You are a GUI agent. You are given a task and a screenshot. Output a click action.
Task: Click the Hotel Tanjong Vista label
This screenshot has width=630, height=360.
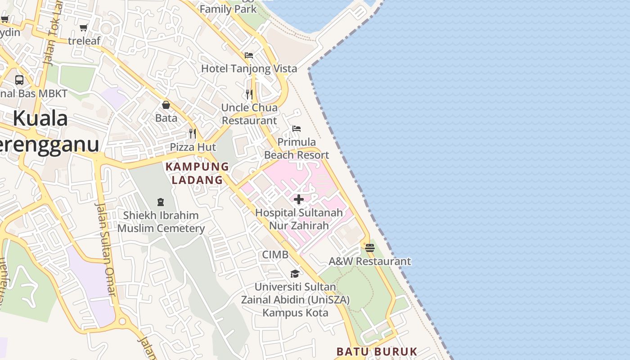click(249, 68)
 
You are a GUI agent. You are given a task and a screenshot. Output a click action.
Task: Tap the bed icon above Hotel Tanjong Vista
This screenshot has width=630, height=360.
click(249, 55)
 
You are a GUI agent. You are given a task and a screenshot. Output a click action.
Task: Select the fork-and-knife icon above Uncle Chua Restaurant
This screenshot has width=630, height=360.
click(249, 94)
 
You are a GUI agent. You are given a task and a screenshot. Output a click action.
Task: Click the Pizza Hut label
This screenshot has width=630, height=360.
click(193, 147)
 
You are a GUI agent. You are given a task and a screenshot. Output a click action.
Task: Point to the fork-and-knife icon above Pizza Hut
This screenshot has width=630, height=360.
click(193, 134)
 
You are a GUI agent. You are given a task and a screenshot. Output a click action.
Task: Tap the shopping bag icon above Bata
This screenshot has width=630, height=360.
click(166, 105)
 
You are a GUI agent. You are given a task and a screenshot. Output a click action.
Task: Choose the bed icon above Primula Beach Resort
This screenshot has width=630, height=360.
click(297, 129)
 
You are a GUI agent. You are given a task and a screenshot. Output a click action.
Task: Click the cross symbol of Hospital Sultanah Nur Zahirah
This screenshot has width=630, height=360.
click(299, 199)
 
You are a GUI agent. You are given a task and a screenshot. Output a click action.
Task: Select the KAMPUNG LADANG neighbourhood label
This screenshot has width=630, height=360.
click(197, 173)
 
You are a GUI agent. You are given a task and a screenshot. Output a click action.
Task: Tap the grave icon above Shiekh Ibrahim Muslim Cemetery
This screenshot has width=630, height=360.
click(161, 202)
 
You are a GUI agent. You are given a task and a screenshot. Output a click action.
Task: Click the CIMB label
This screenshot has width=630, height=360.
click(275, 255)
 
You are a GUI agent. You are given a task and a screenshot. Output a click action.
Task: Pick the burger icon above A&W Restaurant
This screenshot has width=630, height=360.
click(370, 248)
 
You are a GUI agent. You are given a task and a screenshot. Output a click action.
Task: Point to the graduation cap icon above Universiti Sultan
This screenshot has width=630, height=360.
click(295, 274)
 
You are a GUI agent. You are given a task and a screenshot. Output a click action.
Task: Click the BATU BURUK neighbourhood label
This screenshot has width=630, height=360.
click(377, 351)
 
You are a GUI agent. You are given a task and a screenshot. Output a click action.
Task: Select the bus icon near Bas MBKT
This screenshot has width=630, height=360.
click(19, 80)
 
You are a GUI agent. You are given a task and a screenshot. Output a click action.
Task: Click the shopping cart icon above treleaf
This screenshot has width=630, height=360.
click(83, 28)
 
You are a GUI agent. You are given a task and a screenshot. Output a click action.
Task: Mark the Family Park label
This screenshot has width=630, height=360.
click(228, 9)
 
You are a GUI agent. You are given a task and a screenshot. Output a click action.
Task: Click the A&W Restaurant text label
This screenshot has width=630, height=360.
click(370, 261)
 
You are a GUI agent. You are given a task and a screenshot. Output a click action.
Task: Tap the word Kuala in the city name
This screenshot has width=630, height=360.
click(40, 119)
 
